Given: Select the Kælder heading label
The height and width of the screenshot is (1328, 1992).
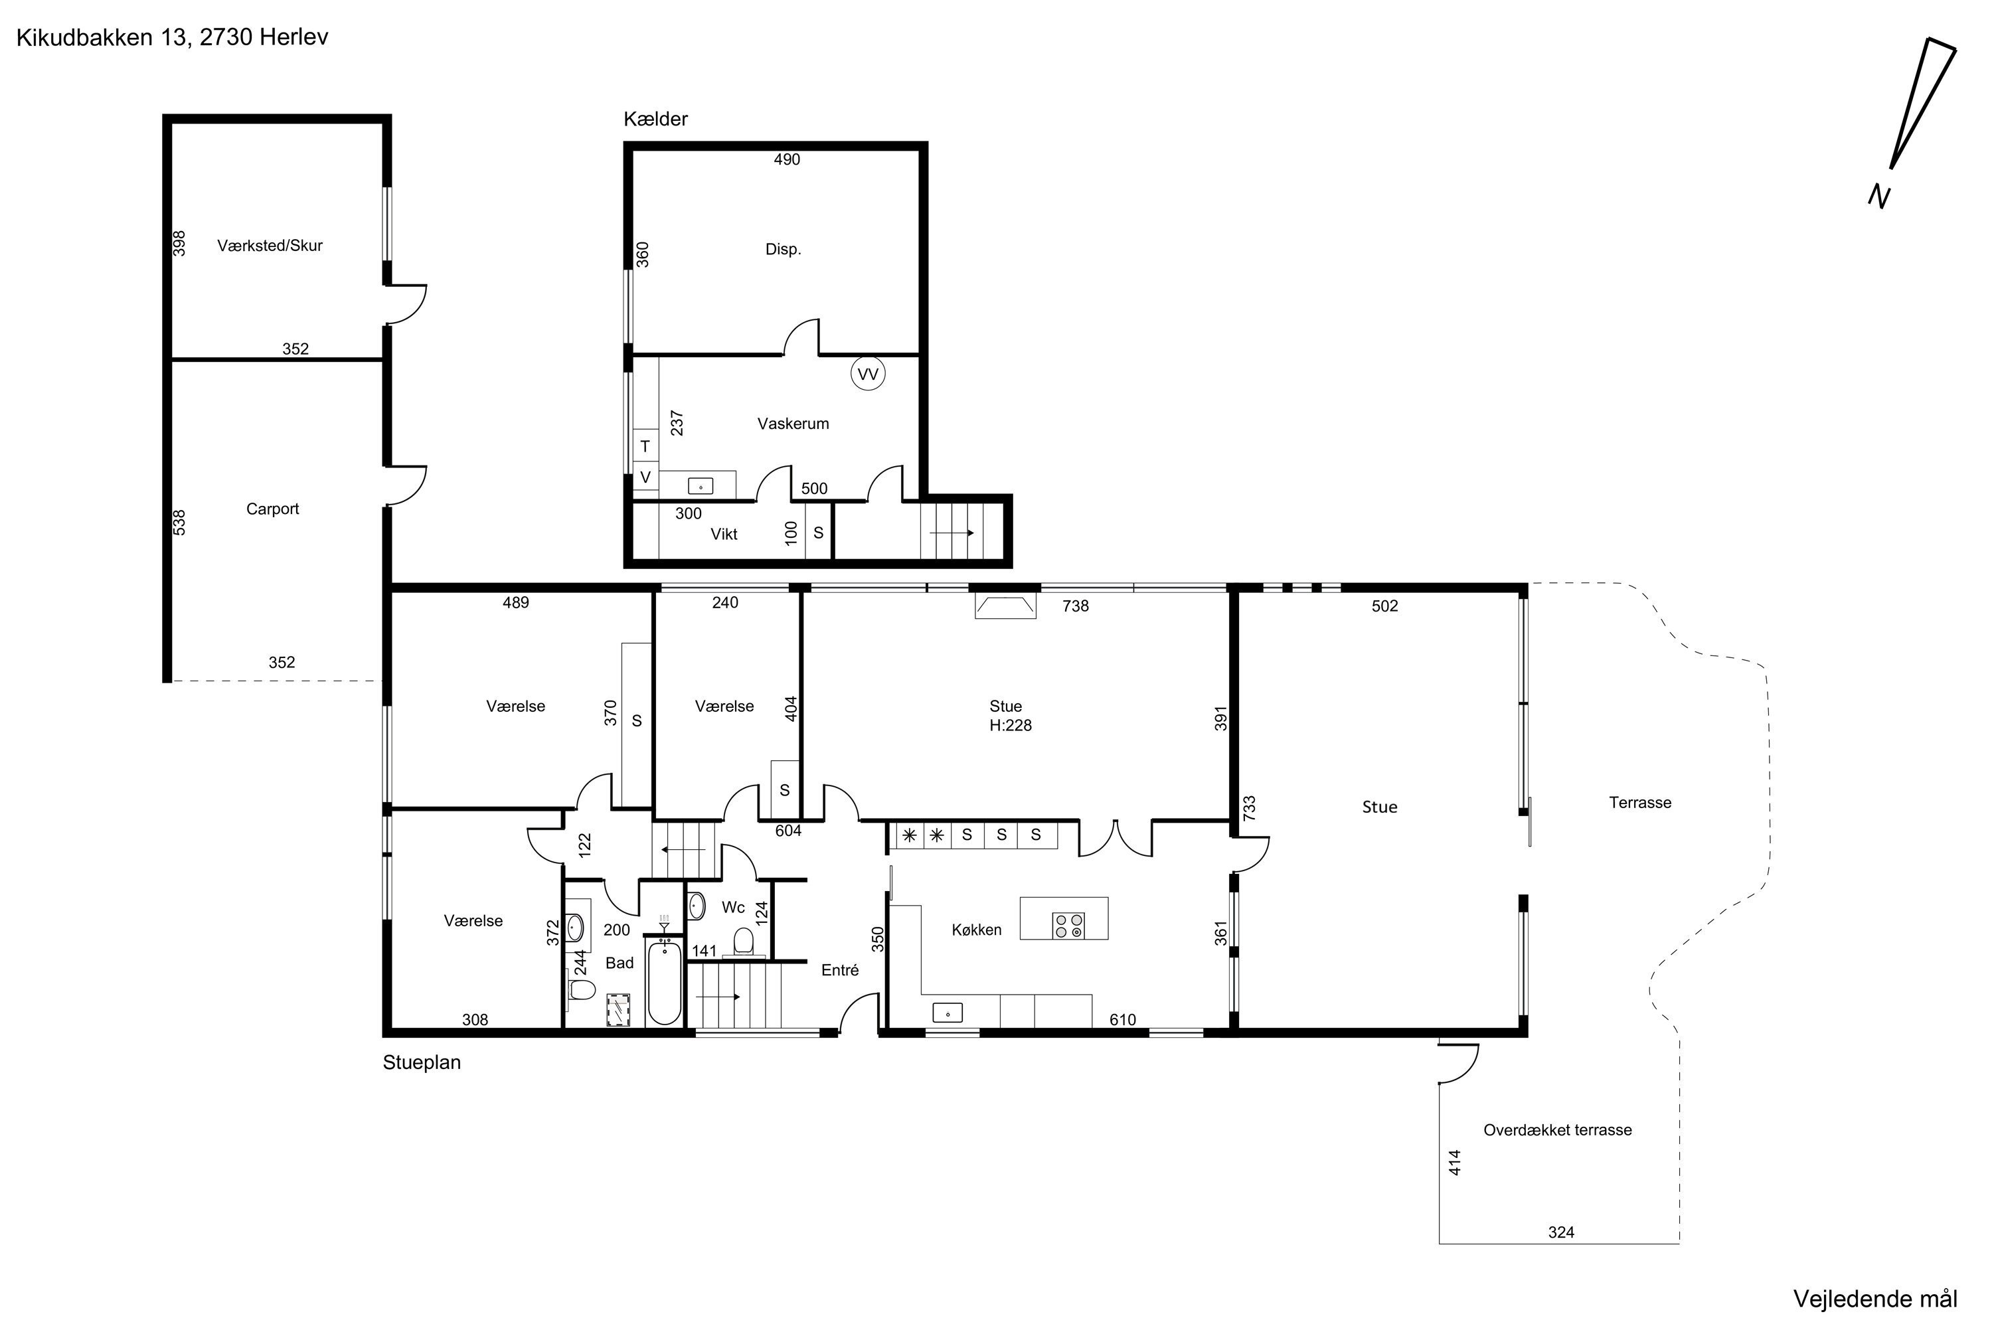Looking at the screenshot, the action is [x=655, y=120].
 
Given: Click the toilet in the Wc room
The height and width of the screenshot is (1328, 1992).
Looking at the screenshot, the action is [x=744, y=941].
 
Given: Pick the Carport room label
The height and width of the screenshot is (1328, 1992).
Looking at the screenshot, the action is [x=273, y=509].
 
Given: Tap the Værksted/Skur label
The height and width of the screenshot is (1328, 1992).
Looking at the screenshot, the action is [x=270, y=246].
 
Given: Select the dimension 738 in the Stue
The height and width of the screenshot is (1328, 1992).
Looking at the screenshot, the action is [x=1076, y=606].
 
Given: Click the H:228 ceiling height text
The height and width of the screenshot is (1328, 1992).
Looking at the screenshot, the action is [x=1011, y=725].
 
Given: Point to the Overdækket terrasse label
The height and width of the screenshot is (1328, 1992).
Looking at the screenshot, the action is [x=1558, y=1130].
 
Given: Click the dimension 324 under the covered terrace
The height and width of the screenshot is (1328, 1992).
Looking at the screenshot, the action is [x=1561, y=1232].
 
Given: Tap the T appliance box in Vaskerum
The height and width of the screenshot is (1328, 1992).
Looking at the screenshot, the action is [x=645, y=446].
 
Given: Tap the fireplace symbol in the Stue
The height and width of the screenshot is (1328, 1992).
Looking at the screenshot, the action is [x=1005, y=606].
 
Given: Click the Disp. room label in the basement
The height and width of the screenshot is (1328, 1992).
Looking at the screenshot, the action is [x=784, y=249].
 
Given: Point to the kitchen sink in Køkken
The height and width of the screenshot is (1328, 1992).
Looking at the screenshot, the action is [x=948, y=1012].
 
